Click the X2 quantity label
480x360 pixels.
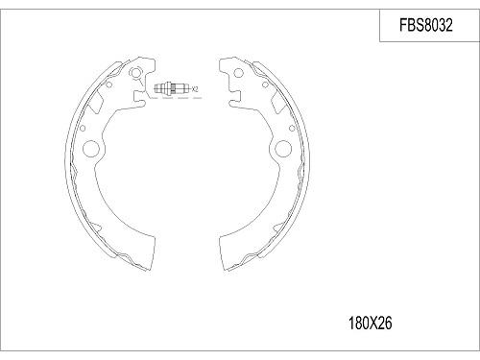pyautogui.click(x=195, y=89)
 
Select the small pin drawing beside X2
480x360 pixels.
pyautogui.click(x=170, y=88)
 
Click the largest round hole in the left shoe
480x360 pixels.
pyautogui.click(x=93, y=149)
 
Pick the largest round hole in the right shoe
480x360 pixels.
pyautogui.click(x=284, y=149)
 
